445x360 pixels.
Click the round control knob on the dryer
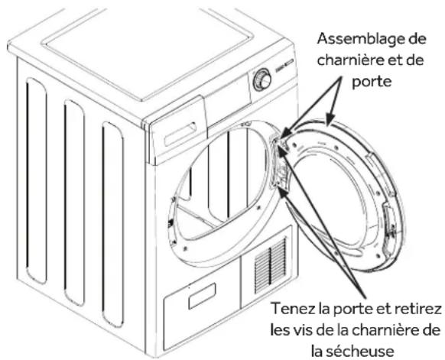261,79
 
